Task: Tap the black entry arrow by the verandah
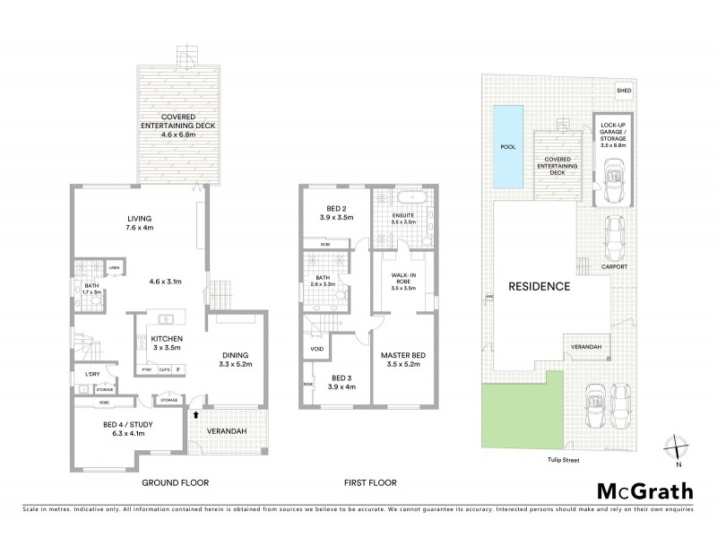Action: click(x=194, y=414)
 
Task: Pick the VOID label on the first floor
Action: click(x=316, y=349)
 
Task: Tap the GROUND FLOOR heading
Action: click(x=175, y=482)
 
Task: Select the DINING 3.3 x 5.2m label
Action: click(x=236, y=360)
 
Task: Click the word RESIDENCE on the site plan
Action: click(x=540, y=287)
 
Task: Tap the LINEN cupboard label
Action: click(x=115, y=268)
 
